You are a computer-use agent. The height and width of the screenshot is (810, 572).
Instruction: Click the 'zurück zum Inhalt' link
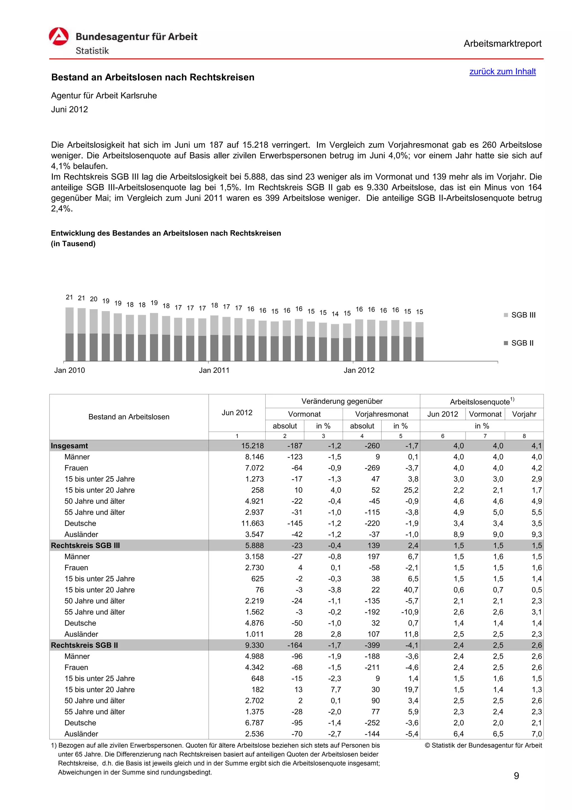502,72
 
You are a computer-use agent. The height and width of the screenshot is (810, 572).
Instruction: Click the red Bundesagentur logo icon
58,37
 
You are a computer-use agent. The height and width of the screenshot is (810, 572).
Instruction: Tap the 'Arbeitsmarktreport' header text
502,44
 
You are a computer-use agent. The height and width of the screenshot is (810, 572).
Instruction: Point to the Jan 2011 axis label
214,370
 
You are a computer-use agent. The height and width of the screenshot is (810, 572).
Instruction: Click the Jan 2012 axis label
359,370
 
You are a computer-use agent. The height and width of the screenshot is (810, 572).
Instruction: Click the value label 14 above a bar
335,314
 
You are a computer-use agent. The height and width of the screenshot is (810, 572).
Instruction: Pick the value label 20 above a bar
93,299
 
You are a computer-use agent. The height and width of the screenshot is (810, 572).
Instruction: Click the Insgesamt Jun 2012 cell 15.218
252,446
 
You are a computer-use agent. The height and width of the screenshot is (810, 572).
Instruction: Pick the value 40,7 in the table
411,590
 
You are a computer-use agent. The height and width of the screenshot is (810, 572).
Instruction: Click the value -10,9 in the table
410,612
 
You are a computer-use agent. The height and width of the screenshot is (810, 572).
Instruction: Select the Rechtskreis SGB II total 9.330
254,645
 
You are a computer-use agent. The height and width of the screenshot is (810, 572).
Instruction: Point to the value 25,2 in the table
411,490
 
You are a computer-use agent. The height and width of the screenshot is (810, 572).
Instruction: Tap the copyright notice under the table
483,745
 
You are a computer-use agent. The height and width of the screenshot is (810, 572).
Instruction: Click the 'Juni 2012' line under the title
70,110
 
